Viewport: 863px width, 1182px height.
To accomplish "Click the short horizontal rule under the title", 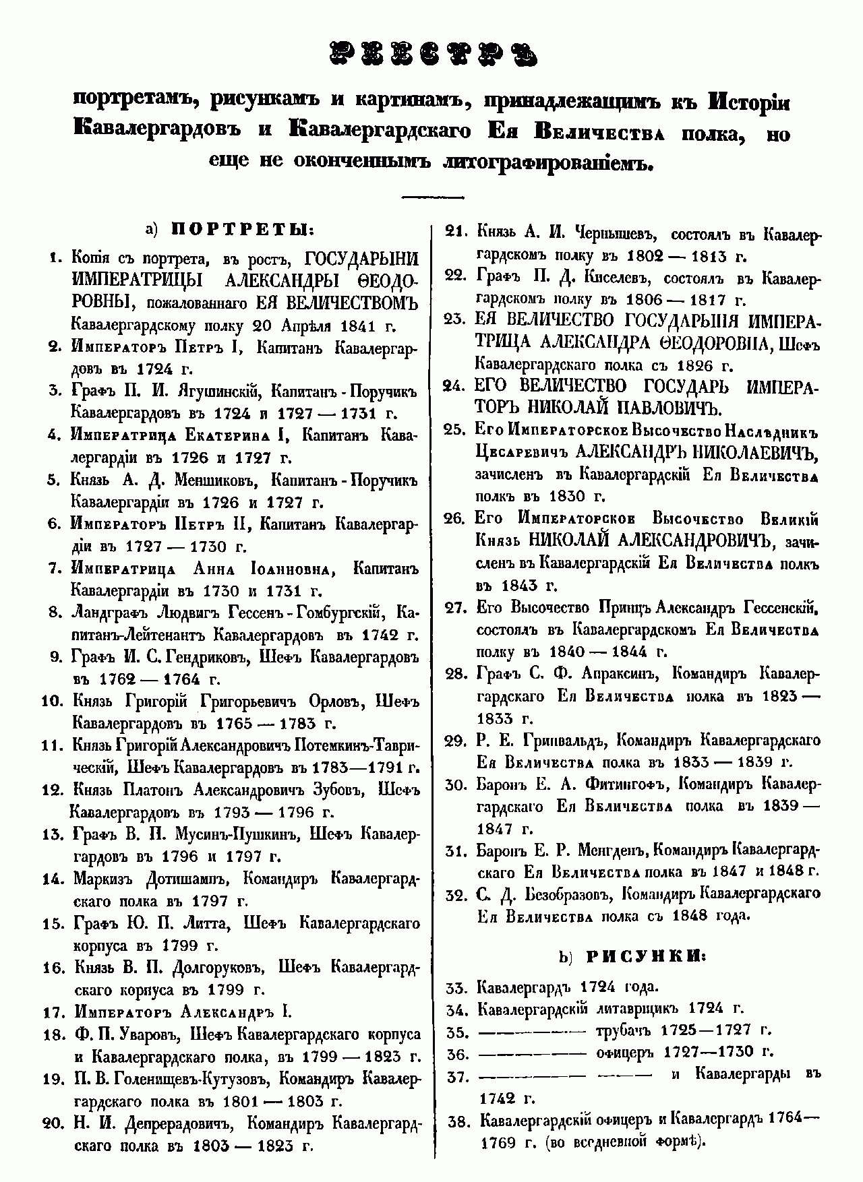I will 432,197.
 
